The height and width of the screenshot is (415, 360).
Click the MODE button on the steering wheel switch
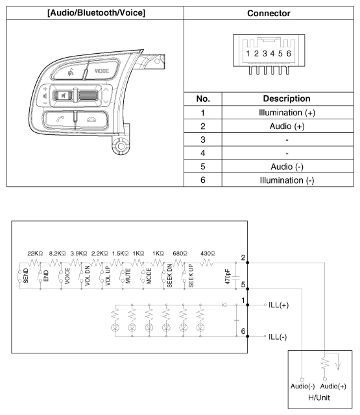(102, 71)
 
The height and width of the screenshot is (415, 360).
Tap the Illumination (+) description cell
(287, 112)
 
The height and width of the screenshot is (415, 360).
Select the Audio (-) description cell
(287, 167)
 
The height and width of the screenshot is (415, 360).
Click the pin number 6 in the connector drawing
(289, 53)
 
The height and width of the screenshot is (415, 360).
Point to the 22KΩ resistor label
(35, 254)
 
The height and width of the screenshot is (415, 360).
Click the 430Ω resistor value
(208, 254)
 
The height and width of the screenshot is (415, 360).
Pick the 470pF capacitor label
(228, 277)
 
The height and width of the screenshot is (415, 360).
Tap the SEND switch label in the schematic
(26, 276)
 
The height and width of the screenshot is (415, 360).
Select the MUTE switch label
(128, 276)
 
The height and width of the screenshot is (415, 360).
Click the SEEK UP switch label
(191, 276)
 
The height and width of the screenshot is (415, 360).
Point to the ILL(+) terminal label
(278, 305)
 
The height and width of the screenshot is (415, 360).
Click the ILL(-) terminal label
(278, 337)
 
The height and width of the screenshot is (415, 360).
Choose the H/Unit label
(319, 397)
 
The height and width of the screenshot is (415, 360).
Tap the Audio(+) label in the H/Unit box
(333, 386)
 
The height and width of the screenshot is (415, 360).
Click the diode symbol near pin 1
(224, 305)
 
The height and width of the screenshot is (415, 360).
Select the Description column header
(287, 99)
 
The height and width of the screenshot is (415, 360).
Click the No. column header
(203, 99)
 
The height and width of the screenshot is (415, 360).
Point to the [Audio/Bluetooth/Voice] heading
(97, 13)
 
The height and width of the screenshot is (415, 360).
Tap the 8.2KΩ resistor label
(57, 254)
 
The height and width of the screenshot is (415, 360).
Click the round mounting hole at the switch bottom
(121, 146)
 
